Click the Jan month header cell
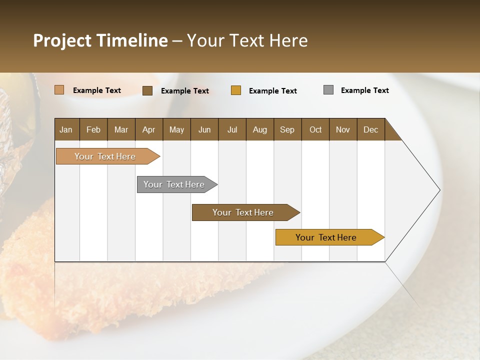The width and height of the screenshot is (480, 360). point(66,129)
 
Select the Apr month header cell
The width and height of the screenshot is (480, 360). point(149,129)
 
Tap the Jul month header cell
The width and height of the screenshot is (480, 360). point(232,129)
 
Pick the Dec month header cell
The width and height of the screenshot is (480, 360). point(370,129)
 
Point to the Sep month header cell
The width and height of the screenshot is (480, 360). point(287,129)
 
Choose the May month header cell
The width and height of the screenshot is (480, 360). point(176,129)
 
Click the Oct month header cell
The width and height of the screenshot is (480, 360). point(315,129)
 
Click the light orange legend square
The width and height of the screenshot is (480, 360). point(59,90)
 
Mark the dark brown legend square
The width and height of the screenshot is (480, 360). point(147,90)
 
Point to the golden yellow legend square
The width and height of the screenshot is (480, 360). point(236,90)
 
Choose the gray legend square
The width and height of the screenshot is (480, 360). point(328,90)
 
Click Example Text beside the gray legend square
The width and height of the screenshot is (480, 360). point(364,90)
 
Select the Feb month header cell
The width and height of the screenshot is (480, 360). point(93,129)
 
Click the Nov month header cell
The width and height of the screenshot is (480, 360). point(343,129)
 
